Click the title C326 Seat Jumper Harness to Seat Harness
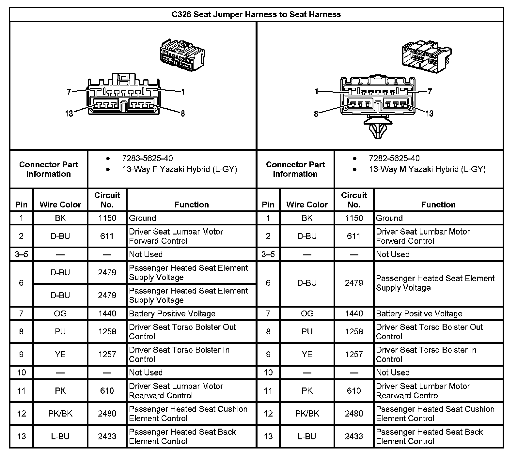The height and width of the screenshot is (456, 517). tap(256, 14)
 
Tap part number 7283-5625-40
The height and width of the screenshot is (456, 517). tap(147, 159)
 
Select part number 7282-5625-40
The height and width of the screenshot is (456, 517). tap(394, 159)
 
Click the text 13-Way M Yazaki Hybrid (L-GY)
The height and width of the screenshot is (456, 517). tap(427, 169)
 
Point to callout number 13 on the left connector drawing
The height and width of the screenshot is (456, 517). tap(69, 114)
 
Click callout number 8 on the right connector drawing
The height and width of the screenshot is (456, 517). tap(316, 114)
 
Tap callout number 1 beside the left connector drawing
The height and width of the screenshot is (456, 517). tap(183, 92)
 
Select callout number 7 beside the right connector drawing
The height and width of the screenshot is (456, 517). tap(430, 92)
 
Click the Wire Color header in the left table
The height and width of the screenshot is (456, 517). tap(60, 205)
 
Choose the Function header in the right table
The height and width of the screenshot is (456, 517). tap(438, 205)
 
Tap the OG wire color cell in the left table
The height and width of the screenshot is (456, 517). tap(60, 313)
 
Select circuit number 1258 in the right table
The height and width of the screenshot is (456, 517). tap(354, 331)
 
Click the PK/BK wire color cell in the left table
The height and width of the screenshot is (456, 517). tap(60, 414)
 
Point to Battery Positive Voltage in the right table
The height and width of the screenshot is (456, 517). tap(419, 313)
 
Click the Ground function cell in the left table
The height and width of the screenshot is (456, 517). tap(143, 218)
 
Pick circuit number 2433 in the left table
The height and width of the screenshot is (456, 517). tap(107, 436)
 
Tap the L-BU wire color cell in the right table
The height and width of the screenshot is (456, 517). tap(307, 436)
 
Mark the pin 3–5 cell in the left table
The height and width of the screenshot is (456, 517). tap(22, 254)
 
